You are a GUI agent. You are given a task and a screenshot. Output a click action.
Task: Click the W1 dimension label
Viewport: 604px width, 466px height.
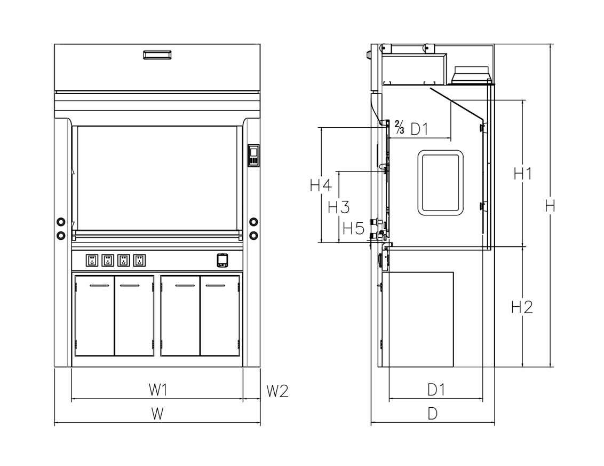click(158, 390)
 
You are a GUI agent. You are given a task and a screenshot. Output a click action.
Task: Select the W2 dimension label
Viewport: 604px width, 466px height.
click(277, 391)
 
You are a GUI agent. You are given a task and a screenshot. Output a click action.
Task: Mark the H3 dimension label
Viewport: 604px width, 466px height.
click(339, 207)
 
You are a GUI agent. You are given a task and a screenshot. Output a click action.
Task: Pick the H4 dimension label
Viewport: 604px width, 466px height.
click(321, 185)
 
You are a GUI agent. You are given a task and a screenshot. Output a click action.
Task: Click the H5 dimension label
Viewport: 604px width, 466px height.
click(353, 229)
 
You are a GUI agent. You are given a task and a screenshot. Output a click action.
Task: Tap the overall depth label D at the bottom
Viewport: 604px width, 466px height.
click(433, 413)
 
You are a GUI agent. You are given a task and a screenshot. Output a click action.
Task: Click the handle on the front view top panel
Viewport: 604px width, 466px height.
click(157, 55)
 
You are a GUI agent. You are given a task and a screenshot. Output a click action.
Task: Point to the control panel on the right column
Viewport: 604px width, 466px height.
click(254, 156)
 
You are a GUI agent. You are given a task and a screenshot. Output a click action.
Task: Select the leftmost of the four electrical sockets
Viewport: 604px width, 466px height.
click(92, 260)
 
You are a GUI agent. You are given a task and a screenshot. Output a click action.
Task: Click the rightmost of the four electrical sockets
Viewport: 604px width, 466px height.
click(140, 260)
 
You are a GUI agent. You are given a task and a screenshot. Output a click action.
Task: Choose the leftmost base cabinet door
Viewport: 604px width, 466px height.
click(95, 316)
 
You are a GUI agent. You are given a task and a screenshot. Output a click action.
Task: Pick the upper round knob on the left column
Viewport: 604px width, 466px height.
click(61, 222)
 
